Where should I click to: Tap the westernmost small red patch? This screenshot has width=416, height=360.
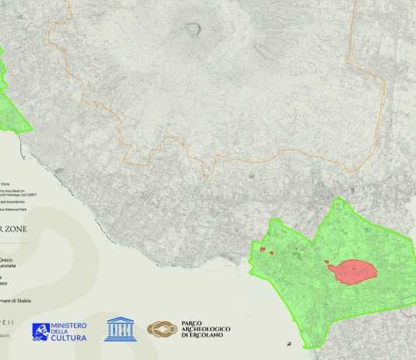pyautogui.click(x=263, y=250)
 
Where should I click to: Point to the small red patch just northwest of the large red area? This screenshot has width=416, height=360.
pyautogui.click(x=325, y=263)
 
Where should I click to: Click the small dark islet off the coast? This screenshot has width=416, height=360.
pyautogui.click(x=290, y=342)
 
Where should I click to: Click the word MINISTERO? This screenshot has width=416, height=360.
pyautogui.click(x=69, y=325)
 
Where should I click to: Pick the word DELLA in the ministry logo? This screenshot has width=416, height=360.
pyautogui.click(x=64, y=332)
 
